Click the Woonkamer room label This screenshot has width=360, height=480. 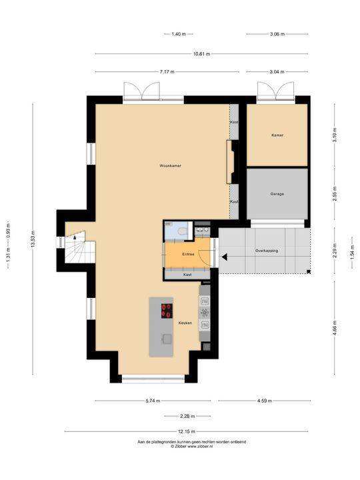[x=171, y=165]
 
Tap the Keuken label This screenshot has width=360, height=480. [x=185, y=323]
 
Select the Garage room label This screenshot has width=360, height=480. [x=277, y=194]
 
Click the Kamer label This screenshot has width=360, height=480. [x=277, y=135]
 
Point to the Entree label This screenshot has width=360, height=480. [x=189, y=254]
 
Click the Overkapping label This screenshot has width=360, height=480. [x=267, y=251]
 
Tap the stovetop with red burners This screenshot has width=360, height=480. [x=166, y=309]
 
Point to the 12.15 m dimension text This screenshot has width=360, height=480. [x=179, y=431]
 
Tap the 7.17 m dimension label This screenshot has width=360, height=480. [x=166, y=71]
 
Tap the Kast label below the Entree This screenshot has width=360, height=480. [x=188, y=275]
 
